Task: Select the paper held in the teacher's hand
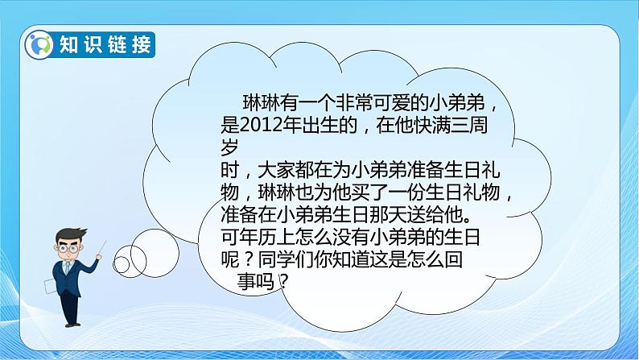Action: (51, 286)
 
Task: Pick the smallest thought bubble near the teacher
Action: (122, 263)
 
